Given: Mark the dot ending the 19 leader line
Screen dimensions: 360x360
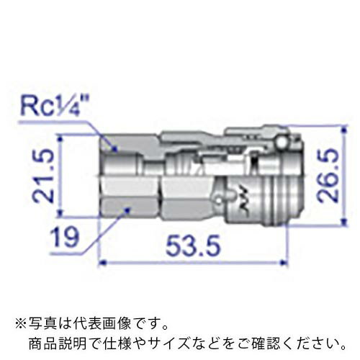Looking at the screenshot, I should click(127, 209).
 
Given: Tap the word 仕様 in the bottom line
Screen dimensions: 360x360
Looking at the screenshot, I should click(112, 339).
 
